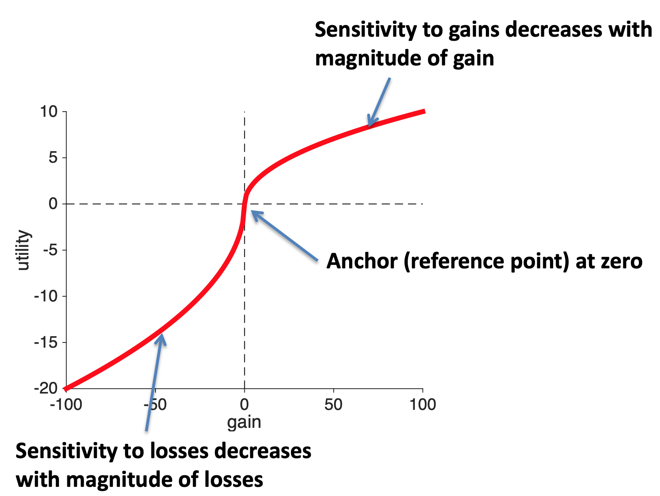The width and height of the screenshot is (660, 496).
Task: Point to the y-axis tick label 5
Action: point(53,158)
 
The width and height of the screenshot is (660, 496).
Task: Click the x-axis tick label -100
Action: point(66,405)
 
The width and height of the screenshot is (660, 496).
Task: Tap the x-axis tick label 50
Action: point(333,405)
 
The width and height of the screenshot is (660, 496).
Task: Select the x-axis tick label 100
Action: point(423,405)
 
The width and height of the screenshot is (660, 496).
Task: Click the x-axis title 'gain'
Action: point(244,422)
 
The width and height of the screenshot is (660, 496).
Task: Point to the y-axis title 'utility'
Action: point(24,250)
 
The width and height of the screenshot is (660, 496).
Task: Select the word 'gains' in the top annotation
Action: point(469,30)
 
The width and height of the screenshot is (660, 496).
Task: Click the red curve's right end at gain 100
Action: point(424,112)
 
